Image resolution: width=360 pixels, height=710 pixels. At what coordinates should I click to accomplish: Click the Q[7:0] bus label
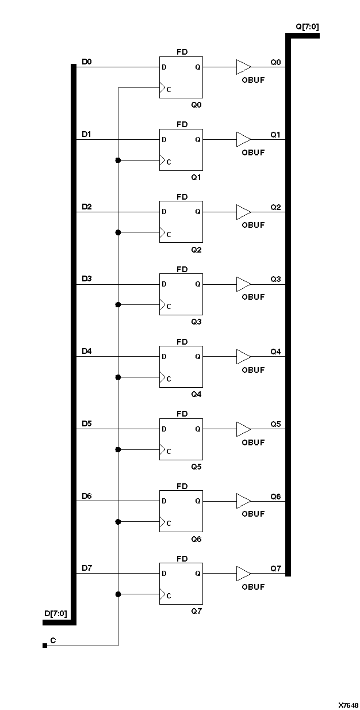click(305, 26)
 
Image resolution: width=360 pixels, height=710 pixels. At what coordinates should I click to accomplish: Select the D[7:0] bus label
click(55, 614)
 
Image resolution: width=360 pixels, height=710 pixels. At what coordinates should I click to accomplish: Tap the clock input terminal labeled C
click(45, 646)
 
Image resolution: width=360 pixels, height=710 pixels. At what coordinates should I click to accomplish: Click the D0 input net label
click(86, 61)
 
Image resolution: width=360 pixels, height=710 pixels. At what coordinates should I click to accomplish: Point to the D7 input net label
click(86, 568)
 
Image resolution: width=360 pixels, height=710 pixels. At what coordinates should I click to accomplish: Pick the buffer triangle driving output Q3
click(243, 284)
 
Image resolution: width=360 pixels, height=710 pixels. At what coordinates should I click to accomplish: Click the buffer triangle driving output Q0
click(243, 67)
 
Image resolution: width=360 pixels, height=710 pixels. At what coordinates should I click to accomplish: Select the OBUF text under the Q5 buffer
click(253, 442)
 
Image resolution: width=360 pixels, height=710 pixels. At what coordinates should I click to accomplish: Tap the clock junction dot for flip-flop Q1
click(118, 160)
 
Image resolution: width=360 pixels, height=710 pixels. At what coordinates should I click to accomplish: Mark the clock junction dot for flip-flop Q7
click(118, 594)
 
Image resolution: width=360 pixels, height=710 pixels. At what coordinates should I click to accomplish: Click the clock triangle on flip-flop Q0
click(163, 89)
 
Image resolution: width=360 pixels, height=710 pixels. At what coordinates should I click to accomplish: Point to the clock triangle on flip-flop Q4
click(163, 377)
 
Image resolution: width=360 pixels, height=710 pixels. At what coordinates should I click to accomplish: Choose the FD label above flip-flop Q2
click(182, 197)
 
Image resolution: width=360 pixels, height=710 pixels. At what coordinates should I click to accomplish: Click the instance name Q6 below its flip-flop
click(196, 539)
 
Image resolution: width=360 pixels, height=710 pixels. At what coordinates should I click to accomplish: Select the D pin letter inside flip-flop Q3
click(164, 284)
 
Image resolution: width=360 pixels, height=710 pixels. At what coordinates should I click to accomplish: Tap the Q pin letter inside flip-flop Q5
click(198, 429)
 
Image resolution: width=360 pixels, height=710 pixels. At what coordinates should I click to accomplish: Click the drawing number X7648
click(348, 705)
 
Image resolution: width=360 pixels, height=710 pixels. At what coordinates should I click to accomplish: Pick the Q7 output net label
click(276, 568)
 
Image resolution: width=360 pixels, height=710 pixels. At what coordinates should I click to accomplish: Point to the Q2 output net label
click(276, 207)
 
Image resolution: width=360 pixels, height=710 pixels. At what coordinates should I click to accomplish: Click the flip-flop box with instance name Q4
click(181, 366)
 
